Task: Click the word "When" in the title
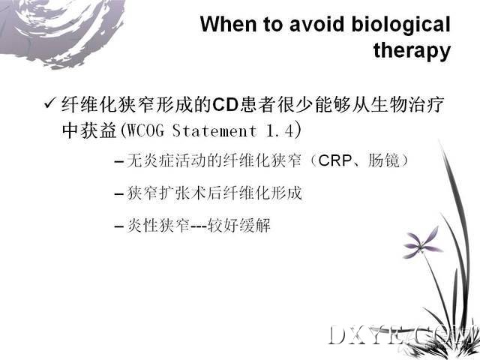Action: point(229,24)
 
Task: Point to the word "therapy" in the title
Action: point(412,51)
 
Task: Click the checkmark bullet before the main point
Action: point(50,103)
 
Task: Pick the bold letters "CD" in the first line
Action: point(225,104)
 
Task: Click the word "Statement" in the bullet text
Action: point(214,130)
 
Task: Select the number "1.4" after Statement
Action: point(280,130)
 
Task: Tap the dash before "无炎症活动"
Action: point(118,161)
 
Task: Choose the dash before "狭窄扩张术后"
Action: point(118,194)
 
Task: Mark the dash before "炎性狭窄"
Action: point(118,226)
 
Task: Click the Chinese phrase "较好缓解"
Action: point(238,226)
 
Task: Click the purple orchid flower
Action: point(421,242)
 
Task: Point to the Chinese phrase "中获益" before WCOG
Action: point(89,130)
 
